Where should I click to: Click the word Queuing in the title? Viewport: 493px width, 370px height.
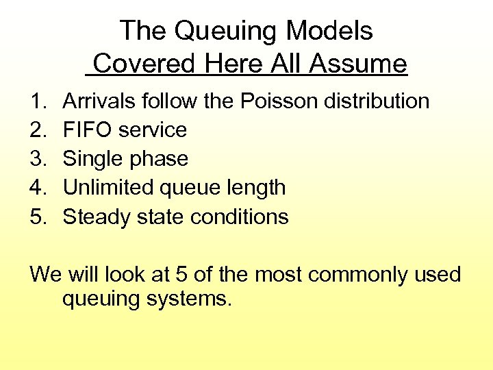pyautogui.click(x=226, y=32)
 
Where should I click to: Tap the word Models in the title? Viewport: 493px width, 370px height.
pyautogui.click(x=330, y=32)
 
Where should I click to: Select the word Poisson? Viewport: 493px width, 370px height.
pyautogui.click(x=279, y=101)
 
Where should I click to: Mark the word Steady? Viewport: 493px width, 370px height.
pyautogui.click(x=93, y=217)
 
